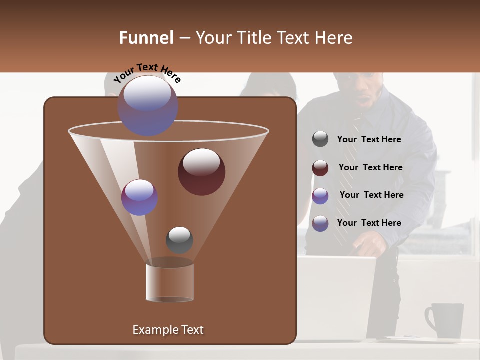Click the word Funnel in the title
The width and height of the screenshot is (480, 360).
[146, 38]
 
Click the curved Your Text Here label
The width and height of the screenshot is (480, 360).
[147, 72]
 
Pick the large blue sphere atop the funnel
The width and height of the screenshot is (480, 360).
[147, 105]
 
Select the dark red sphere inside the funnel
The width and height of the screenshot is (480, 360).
[201, 171]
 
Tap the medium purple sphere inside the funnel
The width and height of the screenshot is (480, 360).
[139, 197]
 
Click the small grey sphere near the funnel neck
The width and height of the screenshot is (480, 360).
[179, 240]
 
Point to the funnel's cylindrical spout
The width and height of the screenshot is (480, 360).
[170, 281]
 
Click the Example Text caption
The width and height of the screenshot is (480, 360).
[168, 330]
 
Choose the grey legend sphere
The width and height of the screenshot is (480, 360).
[320, 139]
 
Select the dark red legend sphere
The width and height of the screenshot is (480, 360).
[320, 168]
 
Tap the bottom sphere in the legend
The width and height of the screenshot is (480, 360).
[320, 223]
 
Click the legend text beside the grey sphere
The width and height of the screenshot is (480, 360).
[369, 140]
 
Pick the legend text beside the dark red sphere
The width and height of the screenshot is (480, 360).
[370, 167]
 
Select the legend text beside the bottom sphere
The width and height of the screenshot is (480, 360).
[369, 223]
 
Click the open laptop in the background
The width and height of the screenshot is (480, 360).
[340, 295]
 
